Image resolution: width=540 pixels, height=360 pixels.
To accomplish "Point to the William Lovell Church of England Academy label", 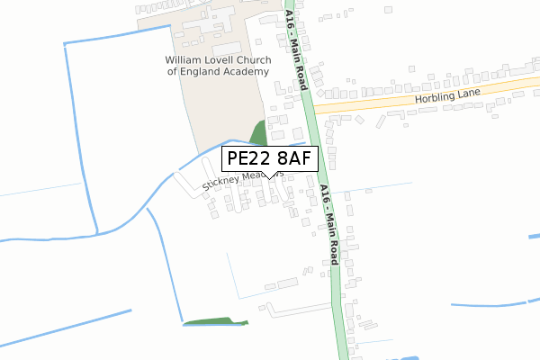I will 217,66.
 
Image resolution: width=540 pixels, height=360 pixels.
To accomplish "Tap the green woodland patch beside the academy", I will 258,133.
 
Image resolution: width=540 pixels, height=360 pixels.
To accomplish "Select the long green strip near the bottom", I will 215,320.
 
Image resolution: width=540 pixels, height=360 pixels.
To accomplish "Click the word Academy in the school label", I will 244,72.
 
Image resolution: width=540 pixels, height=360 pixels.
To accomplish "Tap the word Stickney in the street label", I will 220,185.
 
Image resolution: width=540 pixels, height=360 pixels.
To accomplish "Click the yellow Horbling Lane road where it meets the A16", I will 319,107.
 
